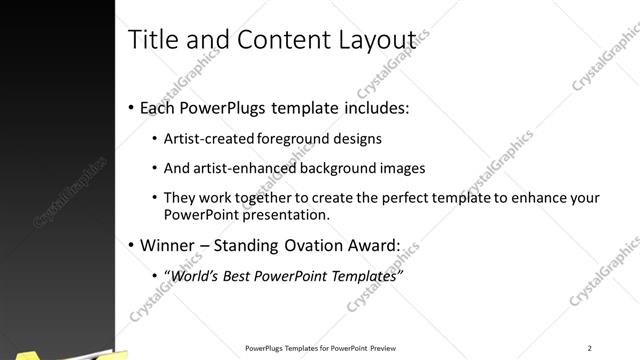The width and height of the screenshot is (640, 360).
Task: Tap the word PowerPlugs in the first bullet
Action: [216, 107]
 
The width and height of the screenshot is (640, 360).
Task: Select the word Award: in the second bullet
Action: [379, 245]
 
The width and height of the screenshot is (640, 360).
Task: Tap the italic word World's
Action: [195, 275]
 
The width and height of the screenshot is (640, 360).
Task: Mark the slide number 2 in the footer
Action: [590, 348]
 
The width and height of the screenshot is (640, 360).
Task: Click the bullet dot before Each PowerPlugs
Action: [132, 107]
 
